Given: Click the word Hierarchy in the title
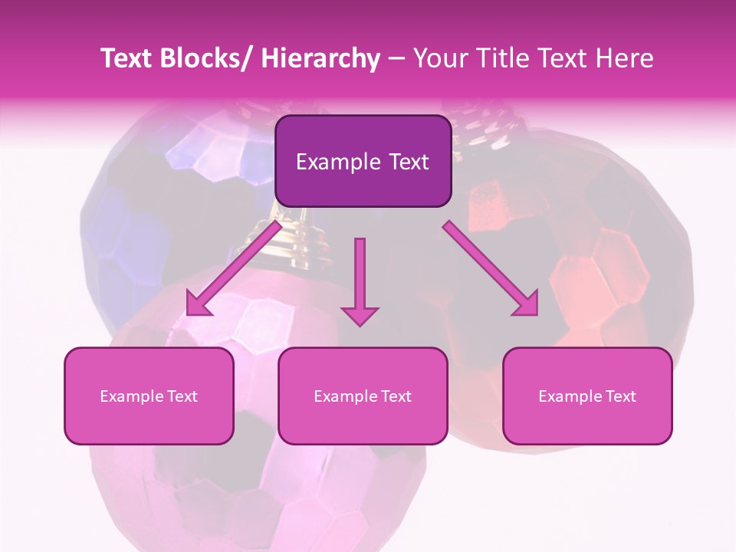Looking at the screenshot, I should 320,58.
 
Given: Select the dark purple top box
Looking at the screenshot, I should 363,161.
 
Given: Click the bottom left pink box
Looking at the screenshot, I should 149,396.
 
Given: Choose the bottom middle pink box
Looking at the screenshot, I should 363,396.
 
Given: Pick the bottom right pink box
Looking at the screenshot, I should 587,396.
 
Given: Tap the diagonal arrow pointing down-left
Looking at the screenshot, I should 233,268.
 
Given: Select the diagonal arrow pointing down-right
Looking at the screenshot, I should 491,268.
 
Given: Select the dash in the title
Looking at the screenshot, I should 396,60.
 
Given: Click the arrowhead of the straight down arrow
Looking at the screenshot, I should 360,316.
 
